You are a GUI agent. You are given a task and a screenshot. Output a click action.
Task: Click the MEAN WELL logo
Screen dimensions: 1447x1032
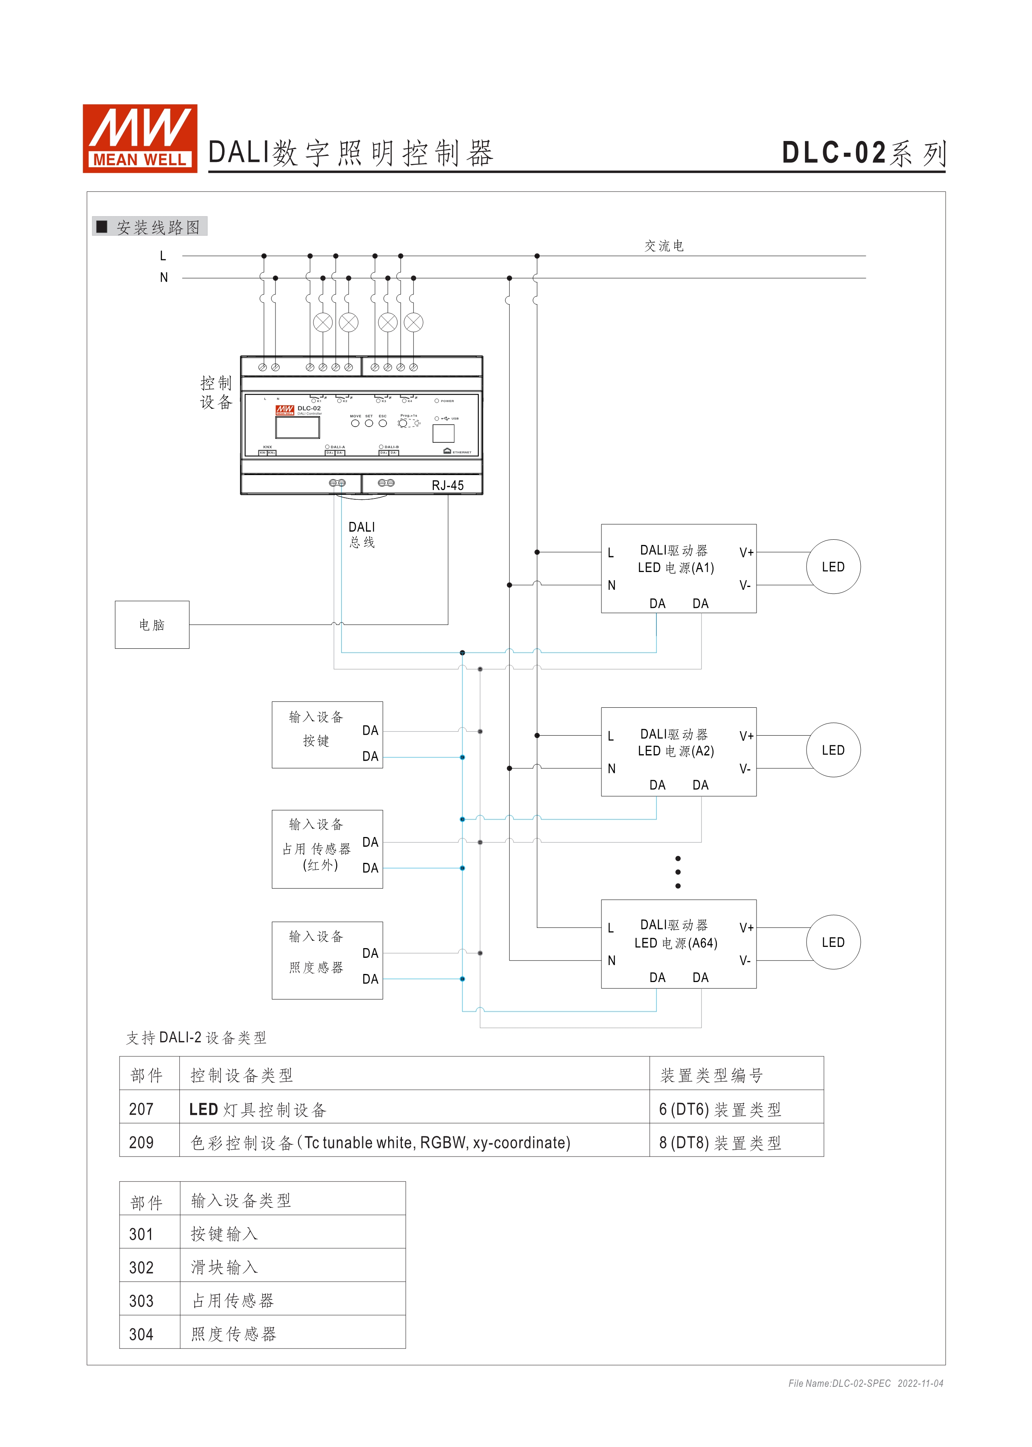(x=140, y=139)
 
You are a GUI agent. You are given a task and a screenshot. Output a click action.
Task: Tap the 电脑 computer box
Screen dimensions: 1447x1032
(x=152, y=625)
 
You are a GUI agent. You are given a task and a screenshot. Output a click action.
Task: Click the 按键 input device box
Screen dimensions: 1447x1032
(x=327, y=735)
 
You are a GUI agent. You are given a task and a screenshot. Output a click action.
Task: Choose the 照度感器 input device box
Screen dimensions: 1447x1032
(x=327, y=960)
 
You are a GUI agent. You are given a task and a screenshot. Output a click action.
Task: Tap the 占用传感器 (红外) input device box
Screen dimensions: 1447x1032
(x=327, y=849)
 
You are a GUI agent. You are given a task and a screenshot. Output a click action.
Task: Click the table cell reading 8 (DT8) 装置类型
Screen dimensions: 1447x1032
(x=720, y=1142)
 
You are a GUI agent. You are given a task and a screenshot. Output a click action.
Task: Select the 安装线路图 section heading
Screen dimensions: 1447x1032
(x=158, y=227)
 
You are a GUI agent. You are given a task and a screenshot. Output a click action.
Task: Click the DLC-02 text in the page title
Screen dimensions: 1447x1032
(x=834, y=153)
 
